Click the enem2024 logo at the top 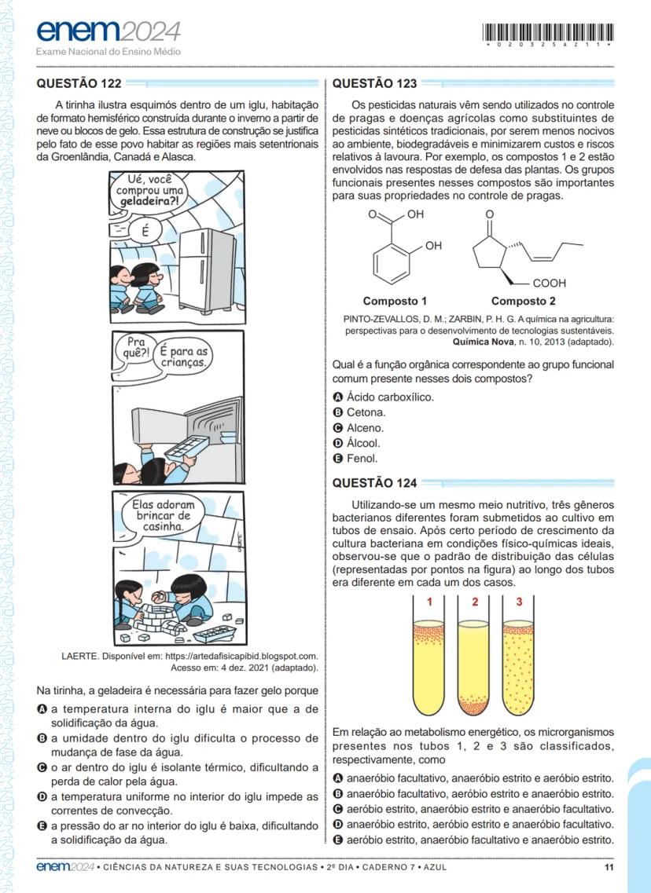click(108, 33)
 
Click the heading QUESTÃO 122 click(79, 82)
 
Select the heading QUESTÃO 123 click(375, 82)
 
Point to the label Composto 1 click(395, 301)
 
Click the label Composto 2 click(523, 301)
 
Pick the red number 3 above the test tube click(519, 602)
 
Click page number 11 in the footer click(609, 867)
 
